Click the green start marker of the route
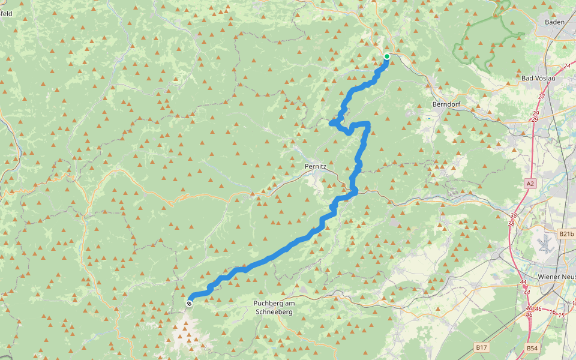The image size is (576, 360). click(x=387, y=57)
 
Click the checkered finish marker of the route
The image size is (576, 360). click(x=190, y=304)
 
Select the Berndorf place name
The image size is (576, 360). click(x=445, y=104)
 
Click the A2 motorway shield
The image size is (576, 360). click(x=529, y=184)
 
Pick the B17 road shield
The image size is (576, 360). click(x=481, y=347)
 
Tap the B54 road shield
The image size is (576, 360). click(x=532, y=347)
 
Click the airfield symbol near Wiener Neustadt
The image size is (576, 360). click(x=545, y=244)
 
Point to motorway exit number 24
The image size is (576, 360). click(x=567, y=66)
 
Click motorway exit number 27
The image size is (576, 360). click(x=542, y=96)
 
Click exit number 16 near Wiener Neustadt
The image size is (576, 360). click(x=553, y=311)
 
